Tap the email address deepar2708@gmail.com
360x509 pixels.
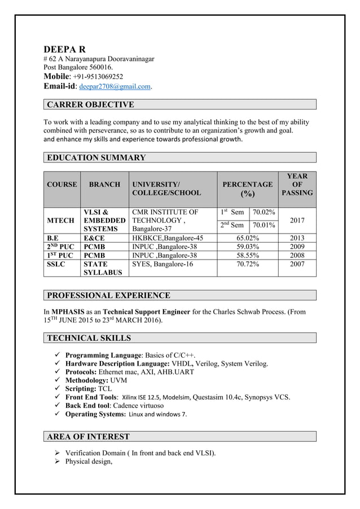[115, 87]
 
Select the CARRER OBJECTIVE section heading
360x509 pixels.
[90, 104]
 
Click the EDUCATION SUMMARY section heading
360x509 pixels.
[96, 157]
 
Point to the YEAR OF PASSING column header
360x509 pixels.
[297, 185]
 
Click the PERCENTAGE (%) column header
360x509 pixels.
[248, 189]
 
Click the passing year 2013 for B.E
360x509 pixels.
[297, 238]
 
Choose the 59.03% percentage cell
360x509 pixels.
[248, 247]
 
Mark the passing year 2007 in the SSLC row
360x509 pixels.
[297, 264]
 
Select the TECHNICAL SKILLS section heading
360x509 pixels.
[89, 338]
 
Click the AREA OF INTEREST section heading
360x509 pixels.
[88, 436]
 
